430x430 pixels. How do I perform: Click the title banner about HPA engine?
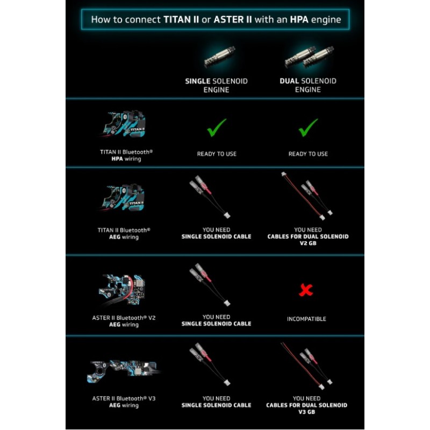pyautogui.click(x=216, y=20)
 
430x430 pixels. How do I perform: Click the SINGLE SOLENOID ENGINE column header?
pyautogui.click(x=216, y=85)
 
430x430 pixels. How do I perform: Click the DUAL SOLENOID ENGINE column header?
pyautogui.click(x=308, y=85)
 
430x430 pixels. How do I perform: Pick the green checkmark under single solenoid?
pyautogui.click(x=216, y=127)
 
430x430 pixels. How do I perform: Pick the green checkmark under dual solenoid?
pyautogui.click(x=308, y=127)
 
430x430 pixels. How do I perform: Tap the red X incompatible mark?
pyautogui.click(x=306, y=291)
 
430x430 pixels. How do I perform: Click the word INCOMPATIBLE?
pyautogui.click(x=306, y=319)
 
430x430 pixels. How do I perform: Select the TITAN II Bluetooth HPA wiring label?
pyautogui.click(x=126, y=155)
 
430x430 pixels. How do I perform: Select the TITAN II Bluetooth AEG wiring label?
pyautogui.click(x=124, y=233)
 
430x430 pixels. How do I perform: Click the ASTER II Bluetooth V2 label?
pyautogui.click(x=123, y=321)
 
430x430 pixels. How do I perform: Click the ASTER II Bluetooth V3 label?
pyautogui.click(x=123, y=402)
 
